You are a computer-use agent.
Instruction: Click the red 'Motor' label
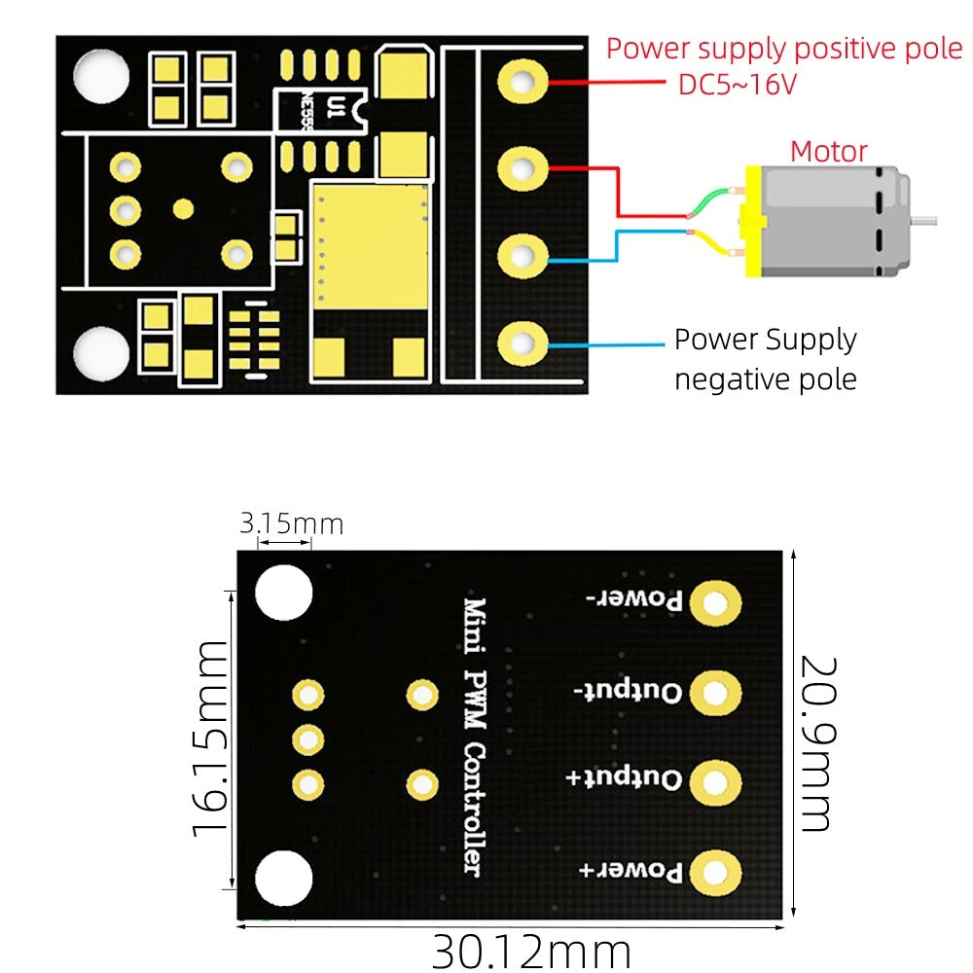point(828,152)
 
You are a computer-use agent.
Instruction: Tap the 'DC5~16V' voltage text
point(738,85)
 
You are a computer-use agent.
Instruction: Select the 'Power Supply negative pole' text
point(766,359)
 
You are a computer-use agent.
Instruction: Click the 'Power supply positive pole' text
point(784,48)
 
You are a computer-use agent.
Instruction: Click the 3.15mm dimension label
point(291,524)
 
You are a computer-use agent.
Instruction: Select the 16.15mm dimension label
point(211,739)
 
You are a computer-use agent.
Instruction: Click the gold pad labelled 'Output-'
point(715,693)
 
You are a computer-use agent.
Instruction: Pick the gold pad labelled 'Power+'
point(715,872)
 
